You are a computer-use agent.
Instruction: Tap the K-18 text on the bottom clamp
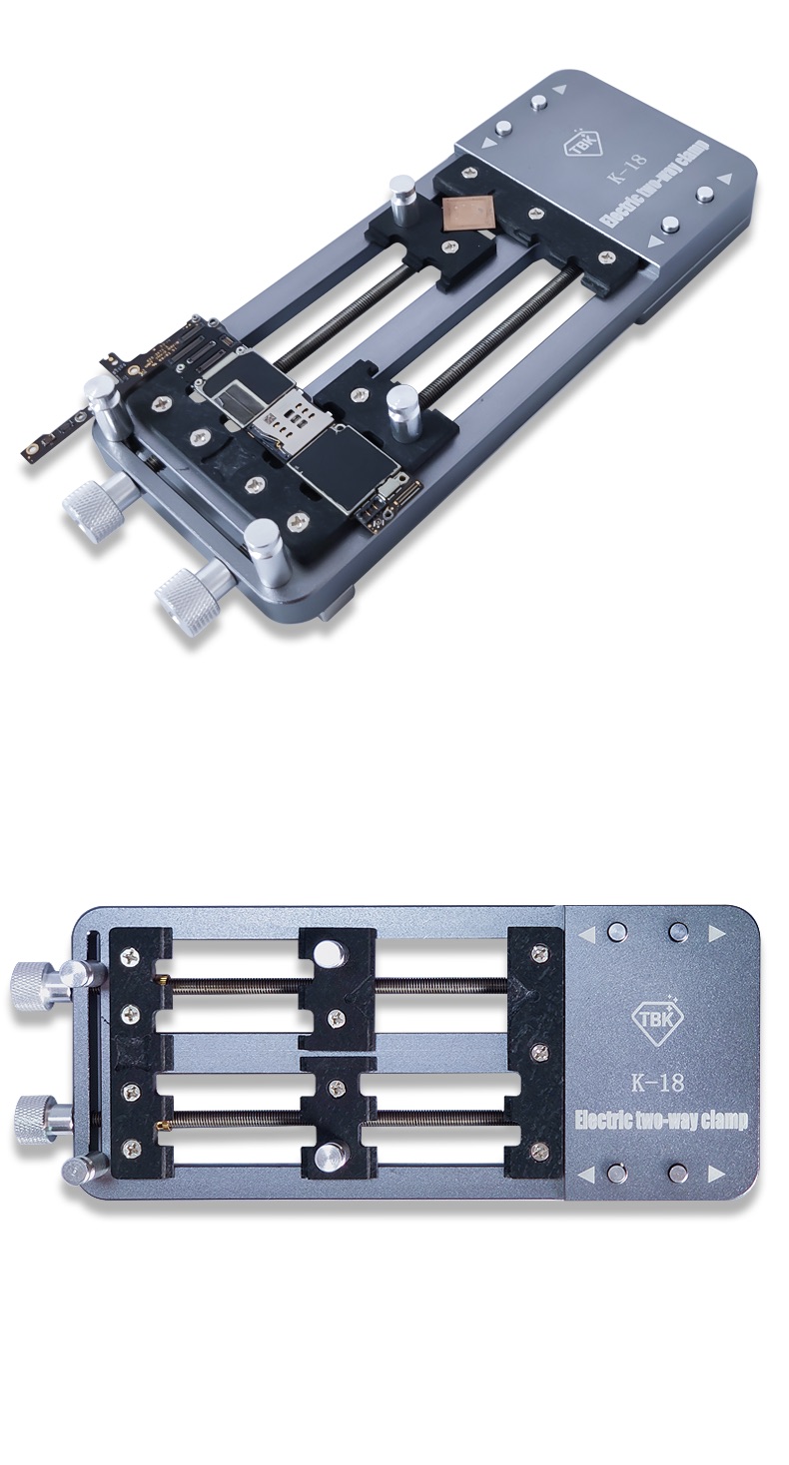coord(658,1081)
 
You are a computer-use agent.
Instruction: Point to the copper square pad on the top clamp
coord(465,214)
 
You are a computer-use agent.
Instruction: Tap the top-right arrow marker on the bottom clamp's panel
coord(716,934)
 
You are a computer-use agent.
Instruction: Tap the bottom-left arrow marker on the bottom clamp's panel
coord(587,1173)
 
